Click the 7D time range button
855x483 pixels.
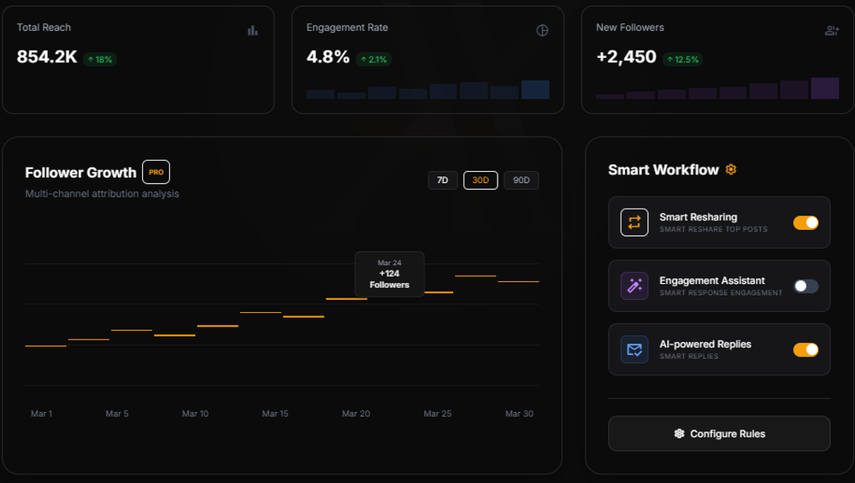pos(443,180)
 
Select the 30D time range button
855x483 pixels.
pos(481,180)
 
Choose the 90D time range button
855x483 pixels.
pos(522,180)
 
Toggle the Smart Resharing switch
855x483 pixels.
pos(805,223)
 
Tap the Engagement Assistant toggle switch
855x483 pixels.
pos(805,286)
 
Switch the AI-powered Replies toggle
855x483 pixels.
pos(805,350)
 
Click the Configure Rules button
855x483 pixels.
pos(719,433)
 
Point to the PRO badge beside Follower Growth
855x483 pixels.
pos(156,172)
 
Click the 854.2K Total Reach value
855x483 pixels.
pos(47,57)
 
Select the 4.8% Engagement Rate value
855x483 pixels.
pos(328,57)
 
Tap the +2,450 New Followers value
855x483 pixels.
pos(627,57)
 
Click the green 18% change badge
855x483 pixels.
pos(99,60)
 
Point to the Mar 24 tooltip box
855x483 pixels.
pos(389,274)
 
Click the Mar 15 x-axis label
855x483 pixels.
pos(275,414)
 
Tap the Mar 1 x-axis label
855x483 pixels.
pos(41,414)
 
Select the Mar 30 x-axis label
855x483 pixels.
pos(519,414)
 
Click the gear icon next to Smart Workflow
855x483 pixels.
pos(731,169)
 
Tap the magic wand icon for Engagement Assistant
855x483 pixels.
pos(634,286)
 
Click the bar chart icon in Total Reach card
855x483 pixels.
pos(252,31)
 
